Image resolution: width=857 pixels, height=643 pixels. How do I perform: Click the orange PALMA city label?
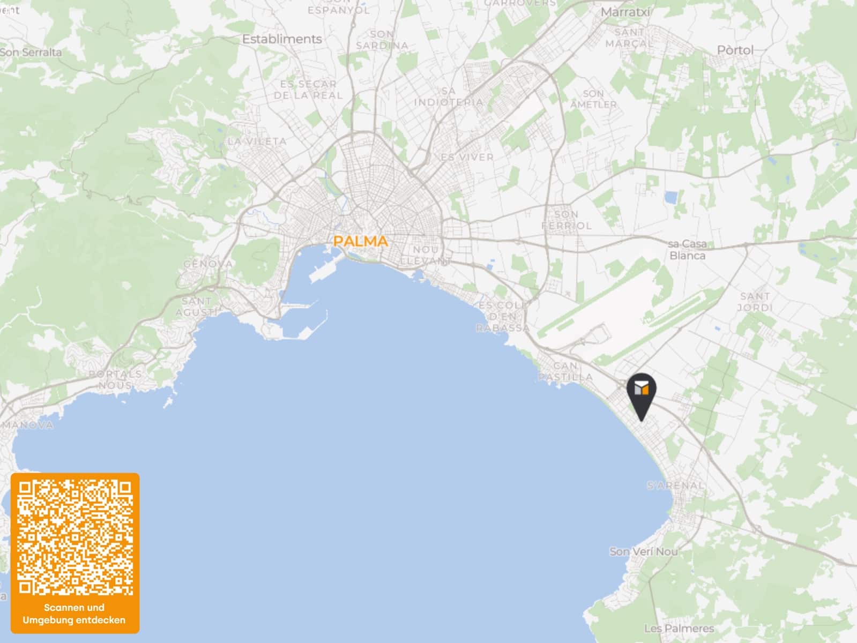[360, 241]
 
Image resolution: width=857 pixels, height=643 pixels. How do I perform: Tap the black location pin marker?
[641, 394]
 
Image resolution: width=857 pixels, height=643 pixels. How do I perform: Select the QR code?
[74, 537]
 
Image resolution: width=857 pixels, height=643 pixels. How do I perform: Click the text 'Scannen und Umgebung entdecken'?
[74, 614]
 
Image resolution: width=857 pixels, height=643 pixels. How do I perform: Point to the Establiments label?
[282, 39]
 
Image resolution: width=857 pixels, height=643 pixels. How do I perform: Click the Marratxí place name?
[625, 12]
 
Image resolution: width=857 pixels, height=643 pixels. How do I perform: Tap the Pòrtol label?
[735, 50]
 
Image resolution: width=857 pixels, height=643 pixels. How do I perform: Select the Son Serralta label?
[31, 53]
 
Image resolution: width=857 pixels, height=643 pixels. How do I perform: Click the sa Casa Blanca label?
[688, 250]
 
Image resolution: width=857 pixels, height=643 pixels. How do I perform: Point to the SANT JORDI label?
[755, 302]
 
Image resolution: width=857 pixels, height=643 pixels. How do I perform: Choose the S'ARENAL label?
[675, 485]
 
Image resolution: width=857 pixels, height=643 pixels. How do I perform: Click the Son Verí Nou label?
[643, 551]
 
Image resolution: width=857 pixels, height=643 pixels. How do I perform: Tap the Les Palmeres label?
[679, 628]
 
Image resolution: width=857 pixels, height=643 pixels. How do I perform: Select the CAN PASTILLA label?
[565, 371]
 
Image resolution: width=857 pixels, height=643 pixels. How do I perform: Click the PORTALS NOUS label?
[115, 379]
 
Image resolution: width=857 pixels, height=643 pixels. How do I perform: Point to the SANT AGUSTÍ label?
[196, 306]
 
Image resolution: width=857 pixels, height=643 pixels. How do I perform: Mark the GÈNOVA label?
[208, 264]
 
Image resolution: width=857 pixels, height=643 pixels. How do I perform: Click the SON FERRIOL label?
[567, 220]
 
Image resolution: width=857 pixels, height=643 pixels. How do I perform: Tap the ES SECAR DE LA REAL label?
[308, 89]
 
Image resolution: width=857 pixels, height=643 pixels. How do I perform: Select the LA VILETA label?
[257, 141]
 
